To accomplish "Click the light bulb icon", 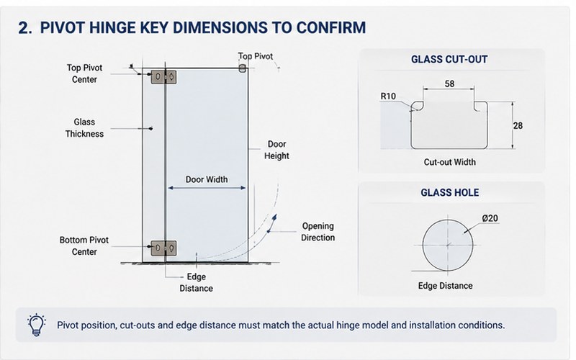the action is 37,325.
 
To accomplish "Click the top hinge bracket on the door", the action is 164,77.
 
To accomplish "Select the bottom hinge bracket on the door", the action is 164,248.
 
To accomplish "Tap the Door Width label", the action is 207,179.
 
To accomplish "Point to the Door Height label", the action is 276,150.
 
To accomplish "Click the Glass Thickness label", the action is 84,128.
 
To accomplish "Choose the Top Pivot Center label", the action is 84,73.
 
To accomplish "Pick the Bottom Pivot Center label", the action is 84,246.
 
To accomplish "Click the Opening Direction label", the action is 318,232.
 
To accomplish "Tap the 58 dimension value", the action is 449,84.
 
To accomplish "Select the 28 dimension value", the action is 518,125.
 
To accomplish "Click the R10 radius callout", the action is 388,96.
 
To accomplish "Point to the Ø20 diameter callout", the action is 490,218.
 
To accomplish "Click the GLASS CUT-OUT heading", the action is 449,60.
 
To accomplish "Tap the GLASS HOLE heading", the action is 449,192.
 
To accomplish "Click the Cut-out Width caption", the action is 449,162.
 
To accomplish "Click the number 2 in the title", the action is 23,28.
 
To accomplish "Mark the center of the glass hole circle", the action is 448,245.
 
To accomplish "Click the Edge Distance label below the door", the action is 196,282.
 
